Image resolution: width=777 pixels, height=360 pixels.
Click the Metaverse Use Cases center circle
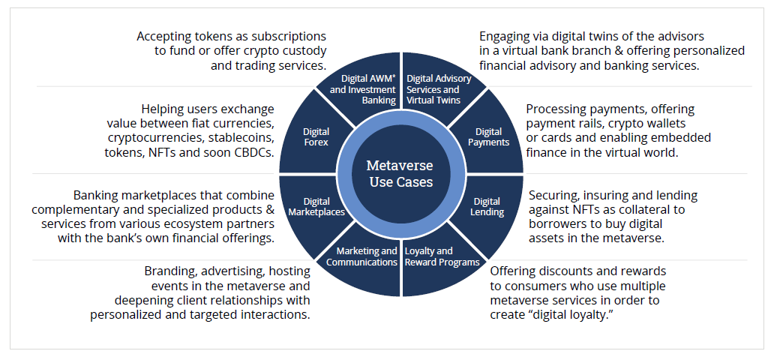pos(400,173)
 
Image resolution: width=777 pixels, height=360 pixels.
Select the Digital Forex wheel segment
pos(316,136)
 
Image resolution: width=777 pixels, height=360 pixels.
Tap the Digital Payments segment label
pos(487,137)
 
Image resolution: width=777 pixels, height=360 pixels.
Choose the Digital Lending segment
pos(487,206)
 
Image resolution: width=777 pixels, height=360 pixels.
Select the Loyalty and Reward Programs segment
pos(441,256)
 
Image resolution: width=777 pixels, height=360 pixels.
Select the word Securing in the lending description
pos(554,195)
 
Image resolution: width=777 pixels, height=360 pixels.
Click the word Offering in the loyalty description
pos(514,271)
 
